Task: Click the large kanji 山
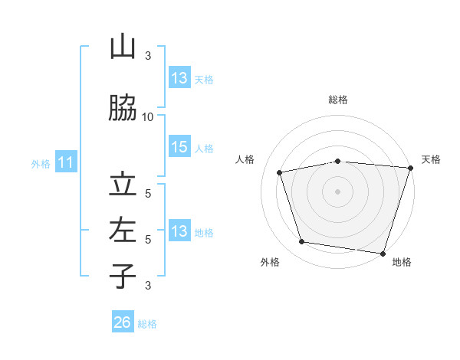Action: coord(123,46)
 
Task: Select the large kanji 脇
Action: coord(123,107)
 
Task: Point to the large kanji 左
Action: coord(123,230)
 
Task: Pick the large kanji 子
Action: coord(123,276)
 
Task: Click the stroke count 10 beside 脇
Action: coord(147,117)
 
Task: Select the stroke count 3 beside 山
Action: coord(148,56)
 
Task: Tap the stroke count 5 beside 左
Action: coord(148,240)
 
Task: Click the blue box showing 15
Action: coord(180,146)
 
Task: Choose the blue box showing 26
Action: coord(123,321)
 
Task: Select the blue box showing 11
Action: coord(66,162)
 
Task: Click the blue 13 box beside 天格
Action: coord(180,77)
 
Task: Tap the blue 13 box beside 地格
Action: coord(180,230)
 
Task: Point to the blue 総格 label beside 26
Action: coord(147,324)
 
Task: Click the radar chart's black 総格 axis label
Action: coord(338,100)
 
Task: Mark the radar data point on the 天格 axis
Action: coord(411,168)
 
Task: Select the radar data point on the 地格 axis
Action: coord(383,254)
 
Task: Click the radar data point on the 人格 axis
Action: coord(279,172)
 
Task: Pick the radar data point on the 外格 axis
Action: coord(301,241)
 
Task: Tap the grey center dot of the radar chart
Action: coord(337,191)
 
